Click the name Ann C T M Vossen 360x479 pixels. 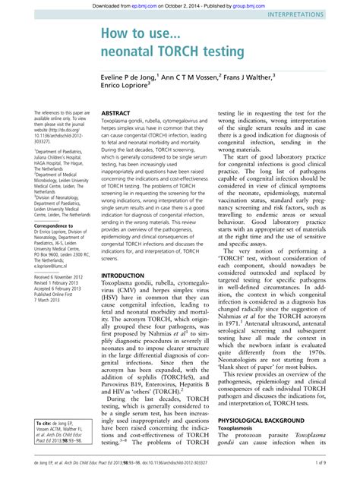point(194,77)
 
